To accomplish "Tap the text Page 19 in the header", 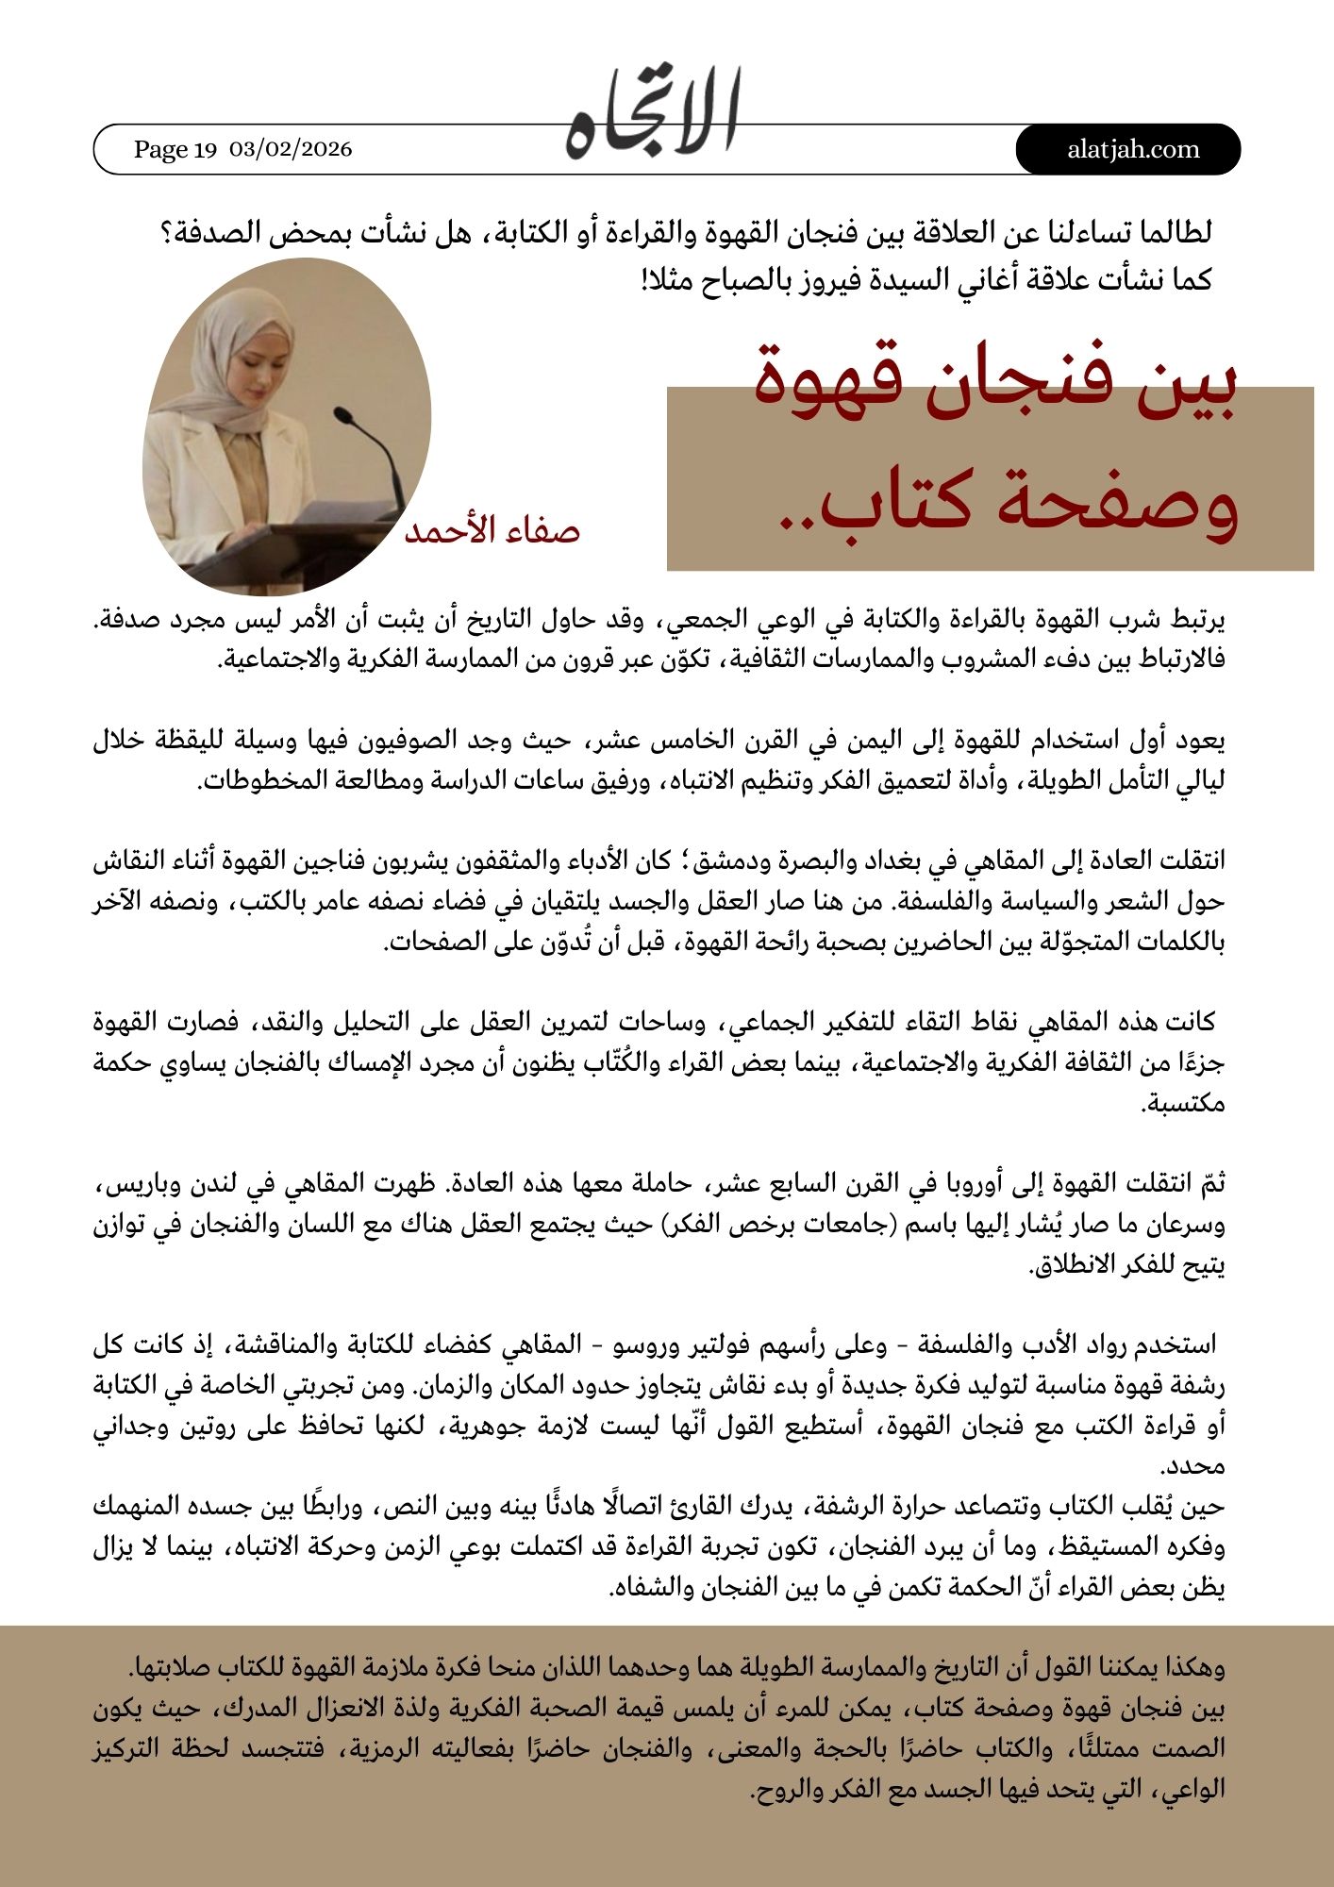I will point(175,149).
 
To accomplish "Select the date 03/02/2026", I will point(291,149).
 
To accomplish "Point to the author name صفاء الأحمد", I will point(492,530).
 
